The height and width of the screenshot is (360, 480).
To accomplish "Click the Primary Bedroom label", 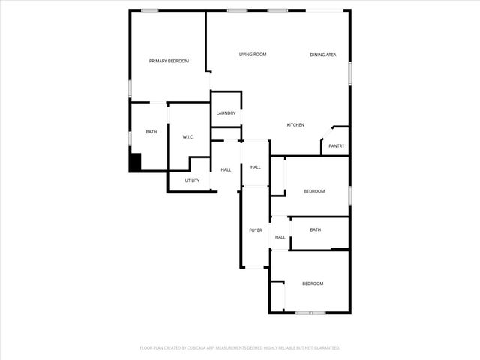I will tap(169, 61).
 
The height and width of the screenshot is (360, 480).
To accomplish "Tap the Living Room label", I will tap(253, 55).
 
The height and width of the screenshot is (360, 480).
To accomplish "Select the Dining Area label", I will tap(323, 55).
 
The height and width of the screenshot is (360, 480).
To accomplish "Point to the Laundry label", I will tap(226, 113).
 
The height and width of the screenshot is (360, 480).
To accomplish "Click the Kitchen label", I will tap(295, 124).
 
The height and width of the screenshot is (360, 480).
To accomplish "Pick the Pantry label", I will tap(336, 145).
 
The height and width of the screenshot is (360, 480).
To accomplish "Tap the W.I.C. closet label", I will tap(189, 137).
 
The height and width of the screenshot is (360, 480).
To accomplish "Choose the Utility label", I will tap(192, 181).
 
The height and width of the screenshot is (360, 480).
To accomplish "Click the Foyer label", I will tap(256, 229).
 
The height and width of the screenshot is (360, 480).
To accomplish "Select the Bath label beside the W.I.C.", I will tap(151, 132).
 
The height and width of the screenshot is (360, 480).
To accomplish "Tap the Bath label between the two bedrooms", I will tap(316, 229).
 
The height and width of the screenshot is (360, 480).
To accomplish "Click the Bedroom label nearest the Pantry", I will tap(314, 191).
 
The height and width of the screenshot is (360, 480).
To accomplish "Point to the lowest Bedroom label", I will tap(313, 283).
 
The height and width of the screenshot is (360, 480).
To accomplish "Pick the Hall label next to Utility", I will tap(226, 169).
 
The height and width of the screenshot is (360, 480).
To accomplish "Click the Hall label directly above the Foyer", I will tap(255, 166).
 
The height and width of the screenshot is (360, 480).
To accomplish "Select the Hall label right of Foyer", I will tap(280, 237).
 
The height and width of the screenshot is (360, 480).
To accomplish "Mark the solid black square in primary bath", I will tap(136, 162).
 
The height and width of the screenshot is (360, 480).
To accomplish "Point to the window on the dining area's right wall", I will tap(349, 70).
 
